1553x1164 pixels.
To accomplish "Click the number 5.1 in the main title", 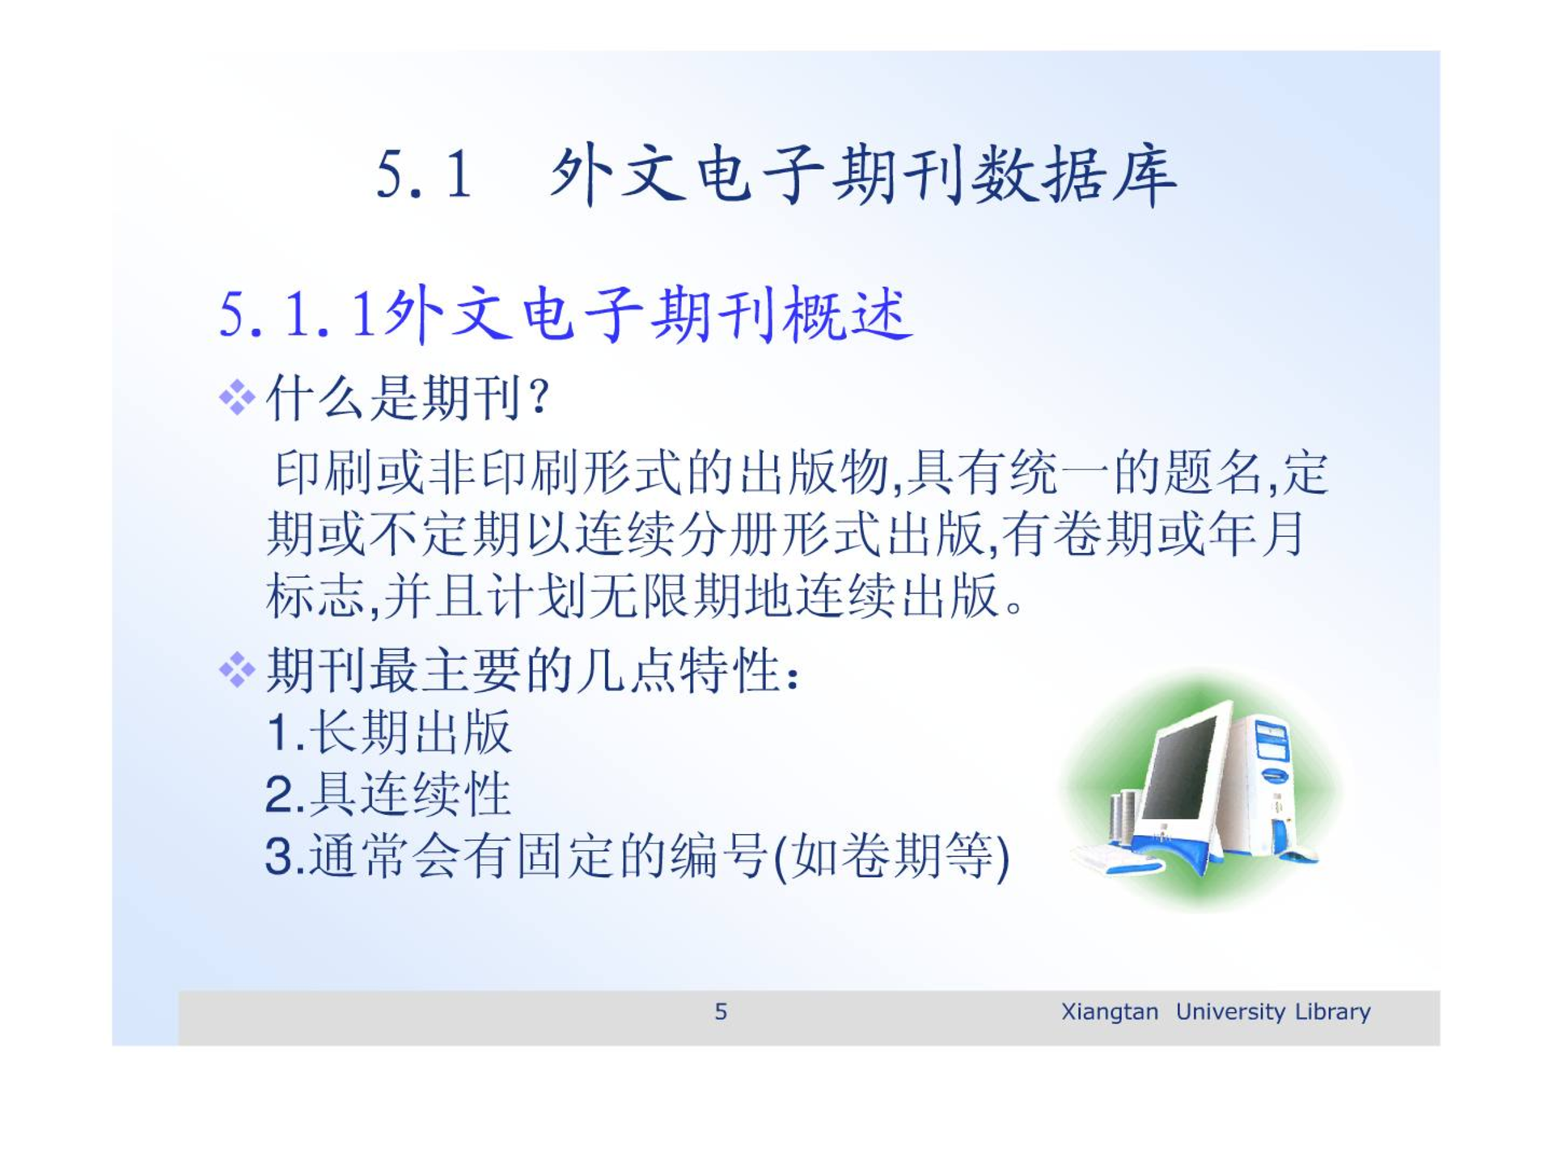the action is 424,175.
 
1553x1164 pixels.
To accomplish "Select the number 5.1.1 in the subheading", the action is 299,315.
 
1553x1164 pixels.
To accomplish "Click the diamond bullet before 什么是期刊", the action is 237,398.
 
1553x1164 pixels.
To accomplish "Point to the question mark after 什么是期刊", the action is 539,398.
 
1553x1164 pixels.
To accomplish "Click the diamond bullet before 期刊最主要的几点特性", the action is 237,670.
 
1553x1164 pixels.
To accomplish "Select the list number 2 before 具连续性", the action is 280,794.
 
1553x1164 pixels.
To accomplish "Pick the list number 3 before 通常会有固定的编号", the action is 280,856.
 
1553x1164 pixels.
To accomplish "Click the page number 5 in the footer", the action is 721,1011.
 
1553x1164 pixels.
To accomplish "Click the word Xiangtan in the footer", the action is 1109,1012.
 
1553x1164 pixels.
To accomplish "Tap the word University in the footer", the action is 1230,1012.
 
